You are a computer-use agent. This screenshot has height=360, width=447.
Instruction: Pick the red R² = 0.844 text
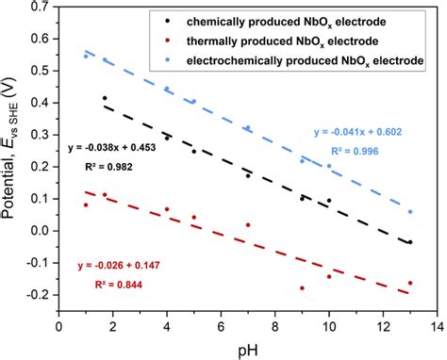(x=113, y=286)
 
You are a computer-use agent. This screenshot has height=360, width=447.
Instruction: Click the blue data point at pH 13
(x=410, y=212)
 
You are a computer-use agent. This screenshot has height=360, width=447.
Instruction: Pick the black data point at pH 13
(x=410, y=242)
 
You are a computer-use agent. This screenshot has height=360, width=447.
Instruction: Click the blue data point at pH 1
(x=86, y=56)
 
